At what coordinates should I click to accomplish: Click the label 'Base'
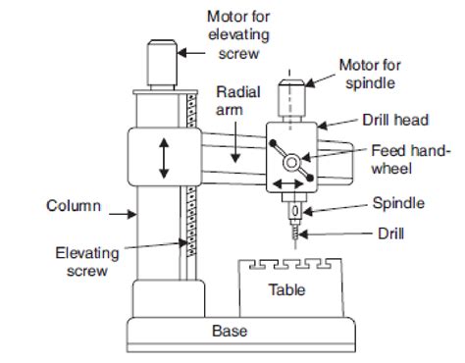point(230,331)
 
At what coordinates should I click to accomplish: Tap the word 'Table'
point(287,289)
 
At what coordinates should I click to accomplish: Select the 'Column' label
point(74,206)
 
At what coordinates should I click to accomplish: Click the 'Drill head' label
point(395,120)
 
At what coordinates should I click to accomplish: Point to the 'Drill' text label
point(390,233)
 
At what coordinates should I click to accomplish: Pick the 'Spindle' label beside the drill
point(398,203)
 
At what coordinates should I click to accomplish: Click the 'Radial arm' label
point(238,101)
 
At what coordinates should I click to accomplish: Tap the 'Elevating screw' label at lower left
point(87,262)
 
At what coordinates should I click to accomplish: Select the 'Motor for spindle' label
point(370,74)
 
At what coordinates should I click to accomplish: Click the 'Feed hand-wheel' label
point(411,160)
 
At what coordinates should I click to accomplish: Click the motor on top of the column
point(162,65)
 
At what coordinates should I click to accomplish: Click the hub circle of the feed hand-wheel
point(291,162)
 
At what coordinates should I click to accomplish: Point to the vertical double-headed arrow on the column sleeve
point(164,158)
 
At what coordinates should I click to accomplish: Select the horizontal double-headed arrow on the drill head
point(288,183)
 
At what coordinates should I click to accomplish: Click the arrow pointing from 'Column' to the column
point(123,214)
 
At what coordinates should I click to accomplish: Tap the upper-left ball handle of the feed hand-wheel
point(273,143)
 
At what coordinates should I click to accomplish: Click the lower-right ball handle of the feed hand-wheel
point(310,178)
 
